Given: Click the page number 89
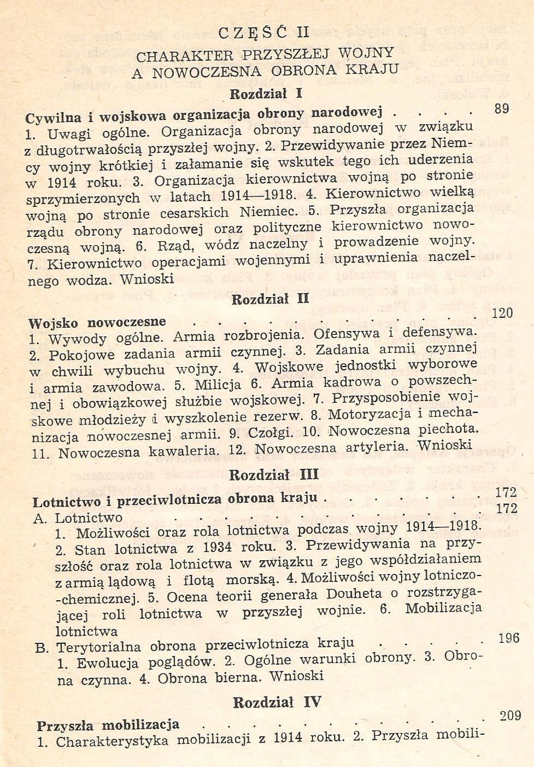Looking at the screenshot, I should pyautogui.click(x=501, y=108).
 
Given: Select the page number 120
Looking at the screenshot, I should pyautogui.click(x=502, y=313).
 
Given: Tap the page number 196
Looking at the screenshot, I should pyautogui.click(x=508, y=637).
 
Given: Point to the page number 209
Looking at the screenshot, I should pyautogui.click(x=510, y=715).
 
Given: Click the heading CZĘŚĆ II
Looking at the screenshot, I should pyautogui.click(x=264, y=32).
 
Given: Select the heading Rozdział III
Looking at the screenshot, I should pyautogui.click(x=273, y=474).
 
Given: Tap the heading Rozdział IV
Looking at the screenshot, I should pyautogui.click(x=277, y=702).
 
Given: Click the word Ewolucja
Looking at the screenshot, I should pyautogui.click(x=107, y=663).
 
